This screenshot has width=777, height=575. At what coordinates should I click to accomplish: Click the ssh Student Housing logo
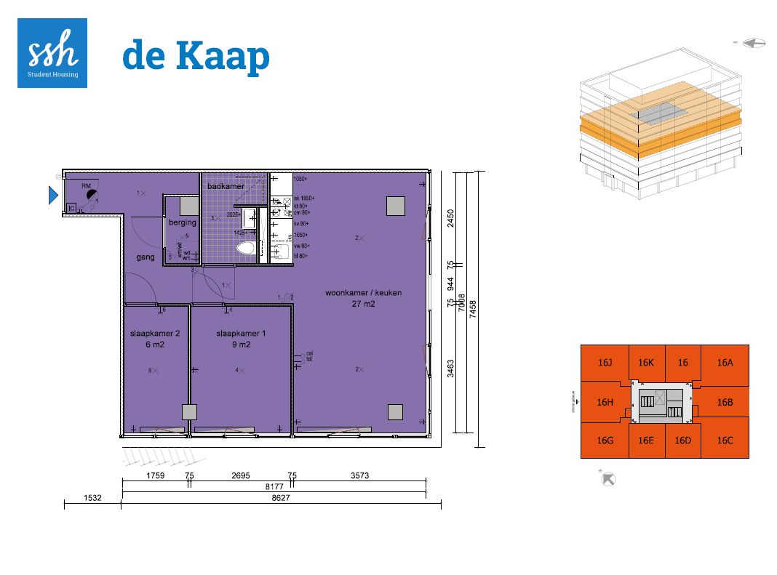tap(52, 53)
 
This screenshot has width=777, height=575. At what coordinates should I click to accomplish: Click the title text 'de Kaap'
tap(196, 56)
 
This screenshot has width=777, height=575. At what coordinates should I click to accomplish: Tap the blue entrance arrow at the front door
tap(52, 195)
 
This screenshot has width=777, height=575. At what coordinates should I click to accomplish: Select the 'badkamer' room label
tap(226, 187)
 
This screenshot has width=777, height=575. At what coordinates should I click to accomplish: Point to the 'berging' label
tap(182, 222)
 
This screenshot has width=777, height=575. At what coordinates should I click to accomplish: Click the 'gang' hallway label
tap(146, 257)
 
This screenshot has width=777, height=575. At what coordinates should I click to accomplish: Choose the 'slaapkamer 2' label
tap(155, 334)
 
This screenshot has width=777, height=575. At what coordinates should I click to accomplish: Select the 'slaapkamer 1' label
tap(241, 334)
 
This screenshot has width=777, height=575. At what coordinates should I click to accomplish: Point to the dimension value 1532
tap(91, 499)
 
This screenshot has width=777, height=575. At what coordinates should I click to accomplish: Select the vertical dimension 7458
tap(473, 307)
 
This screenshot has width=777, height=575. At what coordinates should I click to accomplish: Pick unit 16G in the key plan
tap(605, 441)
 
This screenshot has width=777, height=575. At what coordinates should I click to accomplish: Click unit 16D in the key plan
tap(682, 441)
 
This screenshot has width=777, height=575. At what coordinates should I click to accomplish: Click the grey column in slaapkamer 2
tap(189, 412)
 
